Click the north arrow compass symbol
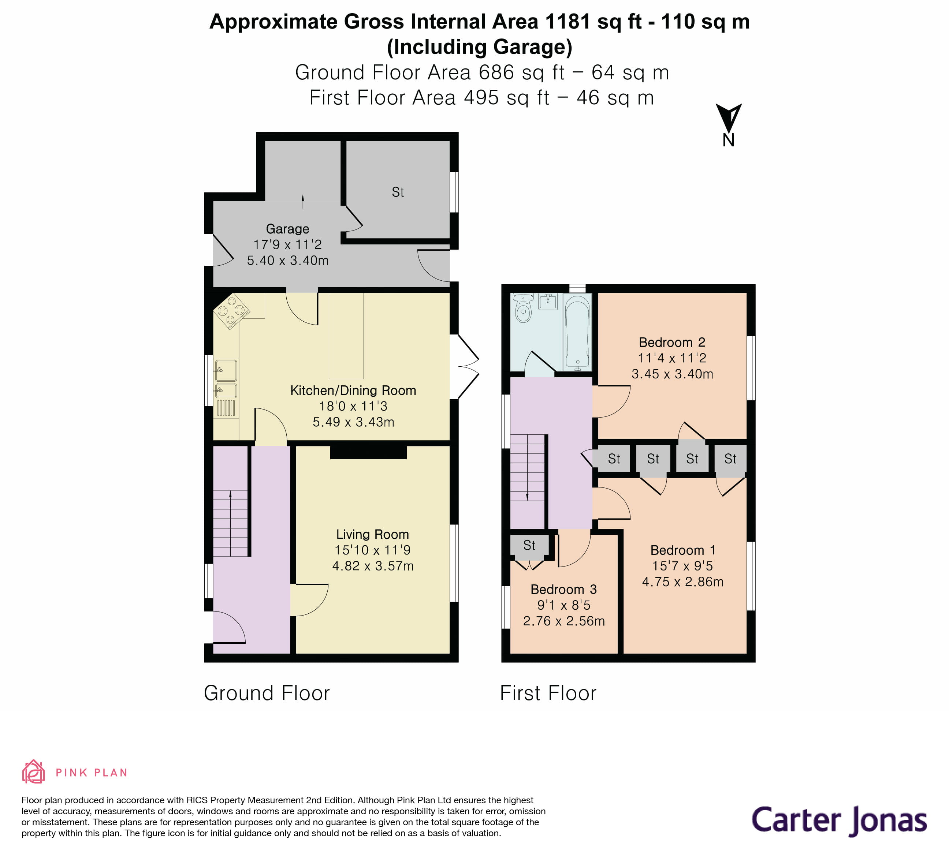(728, 119)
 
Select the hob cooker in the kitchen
(231, 310)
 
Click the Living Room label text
(372, 534)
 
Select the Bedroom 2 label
(672, 342)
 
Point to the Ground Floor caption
(267, 693)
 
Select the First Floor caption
(548, 693)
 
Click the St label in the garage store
(398, 192)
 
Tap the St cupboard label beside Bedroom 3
(529, 545)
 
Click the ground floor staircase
(230, 522)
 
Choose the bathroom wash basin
(548, 301)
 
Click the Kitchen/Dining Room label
(353, 390)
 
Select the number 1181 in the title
(567, 22)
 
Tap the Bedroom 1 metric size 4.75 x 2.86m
(682, 582)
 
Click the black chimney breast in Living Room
(368, 452)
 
